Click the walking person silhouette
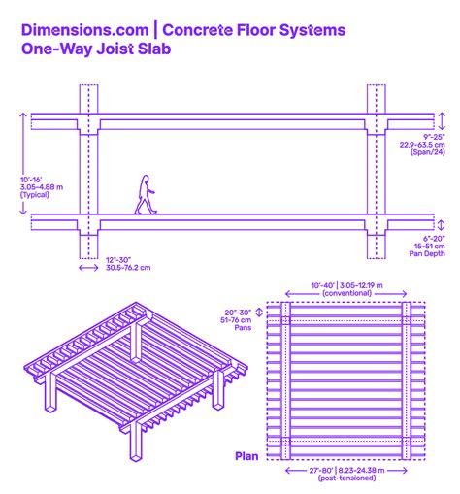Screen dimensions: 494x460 145,194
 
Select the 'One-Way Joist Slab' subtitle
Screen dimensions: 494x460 97,51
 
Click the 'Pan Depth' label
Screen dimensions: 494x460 427,254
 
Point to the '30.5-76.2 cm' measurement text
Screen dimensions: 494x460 128,268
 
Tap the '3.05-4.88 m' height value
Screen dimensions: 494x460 41,186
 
